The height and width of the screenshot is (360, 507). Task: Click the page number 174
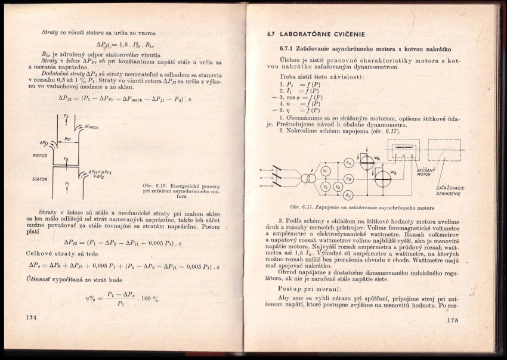point(31,318)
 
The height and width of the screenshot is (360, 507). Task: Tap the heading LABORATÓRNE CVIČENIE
point(324,34)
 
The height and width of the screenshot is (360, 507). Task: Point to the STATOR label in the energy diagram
point(40,178)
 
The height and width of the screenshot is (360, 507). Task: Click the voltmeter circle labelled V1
point(326,171)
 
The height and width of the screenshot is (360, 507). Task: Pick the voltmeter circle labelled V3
point(337,187)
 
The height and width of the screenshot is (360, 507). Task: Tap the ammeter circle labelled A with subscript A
point(349,162)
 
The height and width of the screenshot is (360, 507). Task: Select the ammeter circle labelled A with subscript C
point(349,194)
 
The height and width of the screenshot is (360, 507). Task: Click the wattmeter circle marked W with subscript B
point(382,178)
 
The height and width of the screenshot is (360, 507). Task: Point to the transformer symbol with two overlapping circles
point(308,178)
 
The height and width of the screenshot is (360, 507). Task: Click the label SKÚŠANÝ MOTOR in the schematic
point(424,173)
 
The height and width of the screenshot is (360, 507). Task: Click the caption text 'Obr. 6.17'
point(302,207)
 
